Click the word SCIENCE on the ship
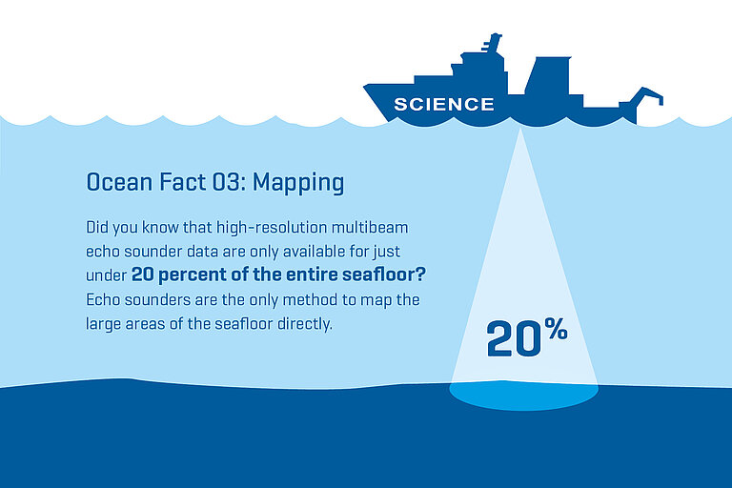click(x=444, y=104)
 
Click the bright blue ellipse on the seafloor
click(x=523, y=393)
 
